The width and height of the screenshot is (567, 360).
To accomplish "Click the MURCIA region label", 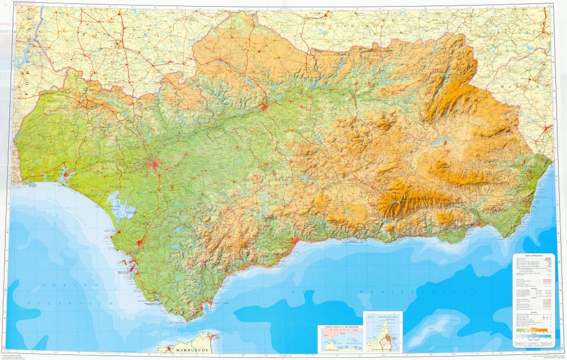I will [x=532, y=87].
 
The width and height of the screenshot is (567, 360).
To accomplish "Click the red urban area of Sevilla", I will [x=157, y=164].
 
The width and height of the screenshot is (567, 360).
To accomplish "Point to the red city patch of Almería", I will [x=478, y=224].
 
